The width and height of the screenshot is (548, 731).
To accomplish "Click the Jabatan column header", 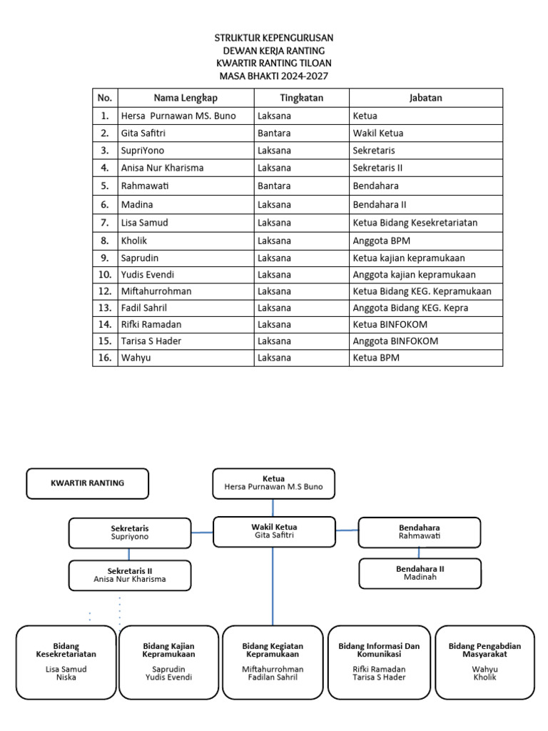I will [425, 98].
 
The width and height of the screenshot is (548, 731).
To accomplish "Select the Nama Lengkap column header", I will [186, 98].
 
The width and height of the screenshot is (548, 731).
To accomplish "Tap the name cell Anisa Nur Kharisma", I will [163, 168].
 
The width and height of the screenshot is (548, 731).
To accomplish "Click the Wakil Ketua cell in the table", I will [378, 133].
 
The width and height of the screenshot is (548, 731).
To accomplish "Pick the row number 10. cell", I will [105, 275].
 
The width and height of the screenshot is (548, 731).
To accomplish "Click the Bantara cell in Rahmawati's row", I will [275, 186].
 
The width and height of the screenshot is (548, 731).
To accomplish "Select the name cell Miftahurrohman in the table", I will [156, 291].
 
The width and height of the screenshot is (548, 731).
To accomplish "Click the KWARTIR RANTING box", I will [87, 483].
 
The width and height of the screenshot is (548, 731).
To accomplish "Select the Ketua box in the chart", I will [273, 483].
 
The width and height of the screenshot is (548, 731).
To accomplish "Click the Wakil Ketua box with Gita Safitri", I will [274, 532].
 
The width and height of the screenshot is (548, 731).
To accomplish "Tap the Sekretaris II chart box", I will [130, 575].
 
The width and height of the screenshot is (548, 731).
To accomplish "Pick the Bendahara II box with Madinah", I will [420, 573].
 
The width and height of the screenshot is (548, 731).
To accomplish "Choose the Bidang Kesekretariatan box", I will [66, 662].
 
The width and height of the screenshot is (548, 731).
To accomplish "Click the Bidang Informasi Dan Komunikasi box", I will [379, 662].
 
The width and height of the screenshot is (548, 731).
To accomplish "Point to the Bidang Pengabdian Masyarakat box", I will [484, 662].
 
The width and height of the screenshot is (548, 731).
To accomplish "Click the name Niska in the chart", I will [66, 677].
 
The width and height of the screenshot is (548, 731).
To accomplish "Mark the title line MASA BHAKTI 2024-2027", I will [273, 76].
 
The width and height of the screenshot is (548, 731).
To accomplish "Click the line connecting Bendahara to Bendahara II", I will [419, 553].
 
